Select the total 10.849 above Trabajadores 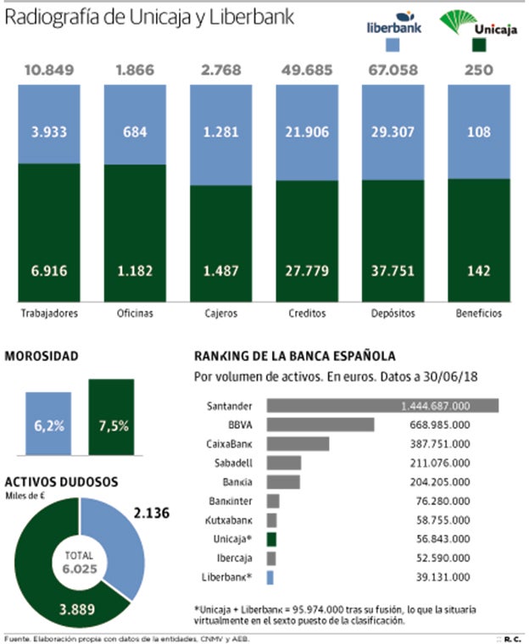point(48,70)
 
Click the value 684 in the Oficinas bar point(134,132)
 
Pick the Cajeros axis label point(220,313)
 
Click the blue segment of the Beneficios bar point(479,131)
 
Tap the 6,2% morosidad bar point(48,420)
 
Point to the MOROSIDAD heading point(42,357)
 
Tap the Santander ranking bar point(382,406)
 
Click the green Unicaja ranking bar point(271,538)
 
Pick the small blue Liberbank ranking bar point(270,577)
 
